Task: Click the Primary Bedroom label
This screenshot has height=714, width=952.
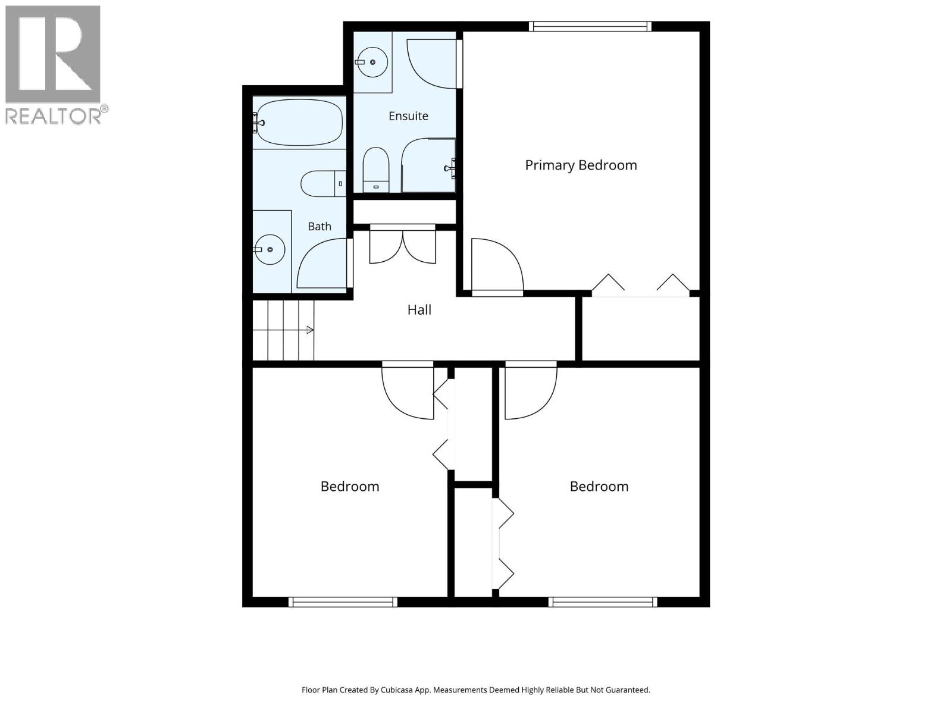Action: coord(581,165)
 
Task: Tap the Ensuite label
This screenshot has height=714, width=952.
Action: coord(408,116)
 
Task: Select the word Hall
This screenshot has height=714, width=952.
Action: coord(419,310)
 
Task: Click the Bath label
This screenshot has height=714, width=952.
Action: coord(319,226)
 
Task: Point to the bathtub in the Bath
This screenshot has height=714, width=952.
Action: coord(298,123)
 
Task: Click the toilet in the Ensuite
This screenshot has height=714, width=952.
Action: coord(375,170)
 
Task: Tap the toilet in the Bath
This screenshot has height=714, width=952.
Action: coord(323,183)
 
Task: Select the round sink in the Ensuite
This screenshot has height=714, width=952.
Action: coord(372,62)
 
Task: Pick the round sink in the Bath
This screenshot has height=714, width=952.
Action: coord(270,250)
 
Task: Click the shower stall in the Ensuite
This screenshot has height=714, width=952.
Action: coord(428,165)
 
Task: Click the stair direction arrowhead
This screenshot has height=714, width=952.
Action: coord(310,330)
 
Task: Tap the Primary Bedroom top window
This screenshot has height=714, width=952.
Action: coord(590,26)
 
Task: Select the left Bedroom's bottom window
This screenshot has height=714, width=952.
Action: coord(343,602)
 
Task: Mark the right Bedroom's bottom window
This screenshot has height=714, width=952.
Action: coord(602,602)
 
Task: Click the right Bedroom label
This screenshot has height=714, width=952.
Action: coord(599,486)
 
